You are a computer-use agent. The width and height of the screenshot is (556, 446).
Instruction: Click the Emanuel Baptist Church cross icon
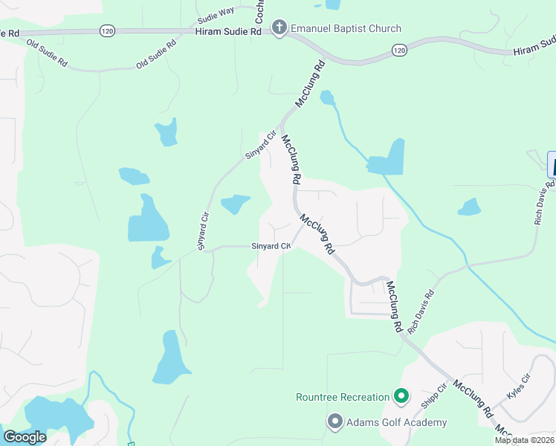279,29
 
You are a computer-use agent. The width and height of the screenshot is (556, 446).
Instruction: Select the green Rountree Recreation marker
401,397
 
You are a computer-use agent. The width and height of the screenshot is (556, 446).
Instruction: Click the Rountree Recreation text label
343,397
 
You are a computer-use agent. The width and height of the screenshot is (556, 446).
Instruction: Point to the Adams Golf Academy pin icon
334,422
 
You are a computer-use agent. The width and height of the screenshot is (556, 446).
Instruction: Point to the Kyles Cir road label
519,388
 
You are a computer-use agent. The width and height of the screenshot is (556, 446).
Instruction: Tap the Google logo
25,437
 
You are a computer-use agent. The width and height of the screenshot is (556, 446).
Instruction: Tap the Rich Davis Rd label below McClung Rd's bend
420,311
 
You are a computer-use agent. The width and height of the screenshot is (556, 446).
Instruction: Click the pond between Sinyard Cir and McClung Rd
236,202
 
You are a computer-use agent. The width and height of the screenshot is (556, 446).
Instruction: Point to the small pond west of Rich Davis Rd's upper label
470,207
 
